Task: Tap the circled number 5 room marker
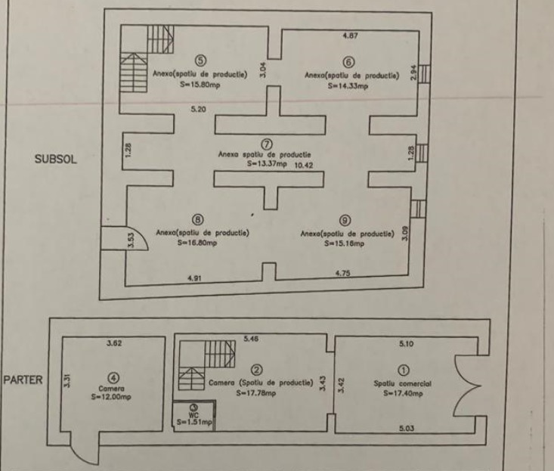[x=200, y=60]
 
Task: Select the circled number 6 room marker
[x=348, y=63]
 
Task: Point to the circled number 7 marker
[x=266, y=144]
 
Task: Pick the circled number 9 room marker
[x=345, y=219]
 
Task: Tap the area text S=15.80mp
[x=200, y=86]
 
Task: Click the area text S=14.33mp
[x=348, y=87]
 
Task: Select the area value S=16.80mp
[x=198, y=243]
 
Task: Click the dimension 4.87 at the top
[x=350, y=36]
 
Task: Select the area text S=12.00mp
[x=111, y=394]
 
